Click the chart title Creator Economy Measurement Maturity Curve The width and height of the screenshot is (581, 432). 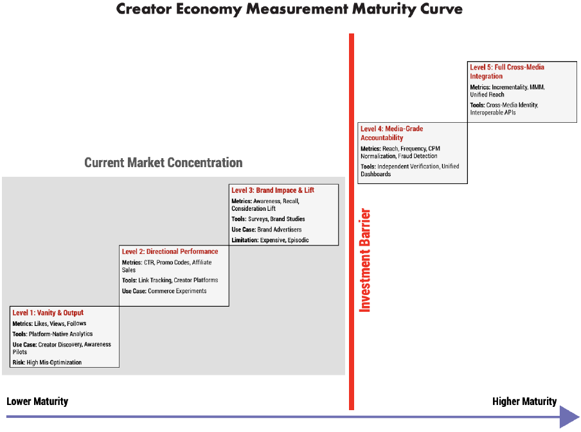289,9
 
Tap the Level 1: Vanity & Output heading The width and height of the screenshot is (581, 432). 48,312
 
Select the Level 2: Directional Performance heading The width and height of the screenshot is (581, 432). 170,251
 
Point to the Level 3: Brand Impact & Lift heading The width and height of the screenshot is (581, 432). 273,190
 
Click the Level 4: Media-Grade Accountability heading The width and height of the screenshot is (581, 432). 391,133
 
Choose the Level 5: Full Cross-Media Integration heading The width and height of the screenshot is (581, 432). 507,71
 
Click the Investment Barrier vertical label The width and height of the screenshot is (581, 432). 365,260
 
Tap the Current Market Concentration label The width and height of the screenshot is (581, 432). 163,163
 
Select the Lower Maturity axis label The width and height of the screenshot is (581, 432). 37,401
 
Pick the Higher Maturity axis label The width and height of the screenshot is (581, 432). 524,401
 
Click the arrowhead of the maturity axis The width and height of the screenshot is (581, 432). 569,417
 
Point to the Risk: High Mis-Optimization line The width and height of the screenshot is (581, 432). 47,363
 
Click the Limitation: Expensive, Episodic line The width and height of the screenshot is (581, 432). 270,240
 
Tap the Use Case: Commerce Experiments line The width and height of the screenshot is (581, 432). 164,291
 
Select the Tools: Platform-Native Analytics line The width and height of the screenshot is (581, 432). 53,334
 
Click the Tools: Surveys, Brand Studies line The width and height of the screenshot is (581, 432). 268,219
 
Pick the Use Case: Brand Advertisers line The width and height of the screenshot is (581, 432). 267,230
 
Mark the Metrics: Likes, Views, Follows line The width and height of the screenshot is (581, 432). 49,323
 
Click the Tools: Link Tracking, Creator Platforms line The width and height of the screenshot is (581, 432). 170,280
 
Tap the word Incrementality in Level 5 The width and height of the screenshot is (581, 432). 510,87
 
